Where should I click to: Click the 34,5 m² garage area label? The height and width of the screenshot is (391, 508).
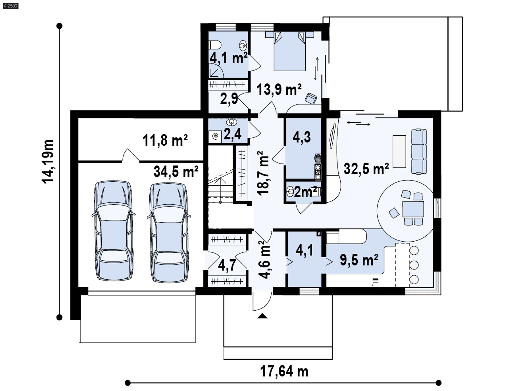(x=176, y=172)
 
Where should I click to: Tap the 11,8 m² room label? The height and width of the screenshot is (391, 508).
(x=165, y=140)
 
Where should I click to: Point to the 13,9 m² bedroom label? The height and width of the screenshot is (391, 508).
(x=279, y=90)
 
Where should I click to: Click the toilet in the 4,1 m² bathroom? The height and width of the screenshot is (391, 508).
(x=215, y=45)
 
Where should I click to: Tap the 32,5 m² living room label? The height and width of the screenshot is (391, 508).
(x=366, y=169)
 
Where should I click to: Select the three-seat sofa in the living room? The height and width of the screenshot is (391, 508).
(x=419, y=151)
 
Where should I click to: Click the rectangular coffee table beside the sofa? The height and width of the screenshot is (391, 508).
(x=399, y=151)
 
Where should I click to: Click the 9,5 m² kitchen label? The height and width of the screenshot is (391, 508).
(x=359, y=260)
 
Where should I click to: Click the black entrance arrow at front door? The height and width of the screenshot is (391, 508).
(x=262, y=316)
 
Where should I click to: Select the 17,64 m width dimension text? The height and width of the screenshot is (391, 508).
(x=284, y=371)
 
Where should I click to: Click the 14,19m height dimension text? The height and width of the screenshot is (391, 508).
(x=48, y=161)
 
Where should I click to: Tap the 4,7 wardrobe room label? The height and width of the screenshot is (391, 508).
(x=227, y=265)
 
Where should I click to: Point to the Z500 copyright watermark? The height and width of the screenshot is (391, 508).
(x=11, y=6)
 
